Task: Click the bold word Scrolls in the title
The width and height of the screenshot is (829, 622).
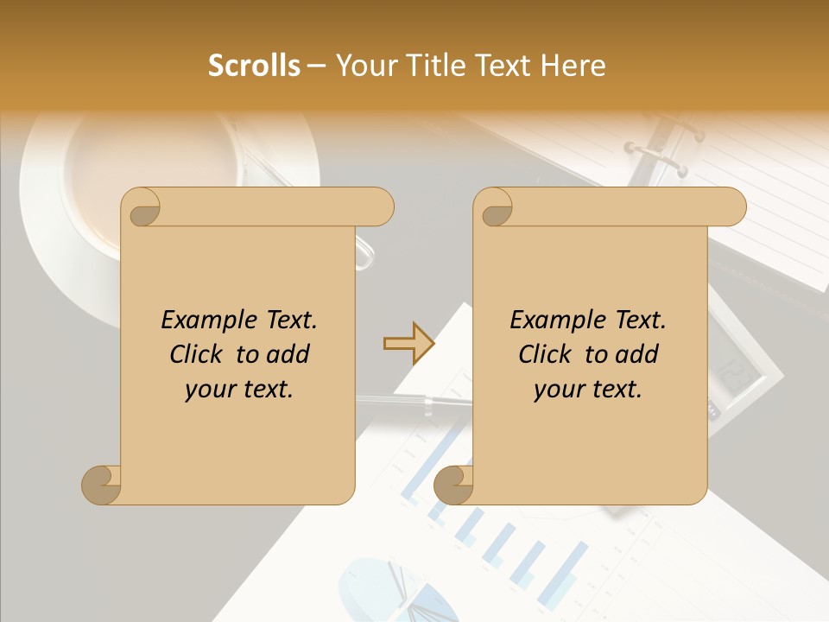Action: coord(254,66)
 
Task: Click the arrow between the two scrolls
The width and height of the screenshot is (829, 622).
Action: coord(408,343)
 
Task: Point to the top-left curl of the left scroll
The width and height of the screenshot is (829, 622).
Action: coord(141,208)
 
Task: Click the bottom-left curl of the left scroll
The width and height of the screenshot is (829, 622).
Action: coord(101,486)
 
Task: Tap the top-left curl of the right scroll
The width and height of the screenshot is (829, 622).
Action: coord(494,208)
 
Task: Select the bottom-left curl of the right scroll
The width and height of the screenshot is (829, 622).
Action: coord(453,486)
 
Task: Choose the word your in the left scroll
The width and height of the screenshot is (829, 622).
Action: coord(207,390)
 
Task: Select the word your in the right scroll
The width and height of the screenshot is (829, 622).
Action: coord(556,390)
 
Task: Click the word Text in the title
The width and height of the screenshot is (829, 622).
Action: coord(499,66)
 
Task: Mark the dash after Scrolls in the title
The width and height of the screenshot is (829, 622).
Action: coord(317,67)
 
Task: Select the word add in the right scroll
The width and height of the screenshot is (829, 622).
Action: coord(636,355)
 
